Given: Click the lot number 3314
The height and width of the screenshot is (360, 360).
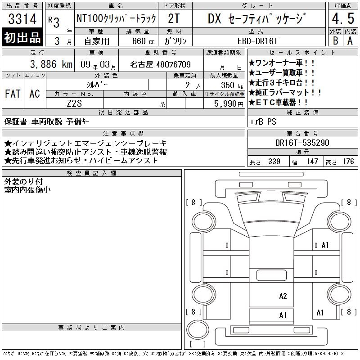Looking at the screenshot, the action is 22,19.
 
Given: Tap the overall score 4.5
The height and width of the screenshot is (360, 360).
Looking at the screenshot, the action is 343,18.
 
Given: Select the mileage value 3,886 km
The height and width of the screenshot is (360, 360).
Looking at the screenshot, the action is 51,64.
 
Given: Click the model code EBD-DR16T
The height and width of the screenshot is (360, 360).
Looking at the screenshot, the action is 257,41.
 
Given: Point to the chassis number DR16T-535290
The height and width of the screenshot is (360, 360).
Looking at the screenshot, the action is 302,143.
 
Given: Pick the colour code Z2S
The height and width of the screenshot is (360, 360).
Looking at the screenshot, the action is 74,103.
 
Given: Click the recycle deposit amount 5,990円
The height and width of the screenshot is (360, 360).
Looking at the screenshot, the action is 229,104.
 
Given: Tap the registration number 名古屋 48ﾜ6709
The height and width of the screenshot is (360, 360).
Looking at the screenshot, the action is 160,64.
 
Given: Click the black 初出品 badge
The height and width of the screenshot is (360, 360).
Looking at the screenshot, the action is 22,37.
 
